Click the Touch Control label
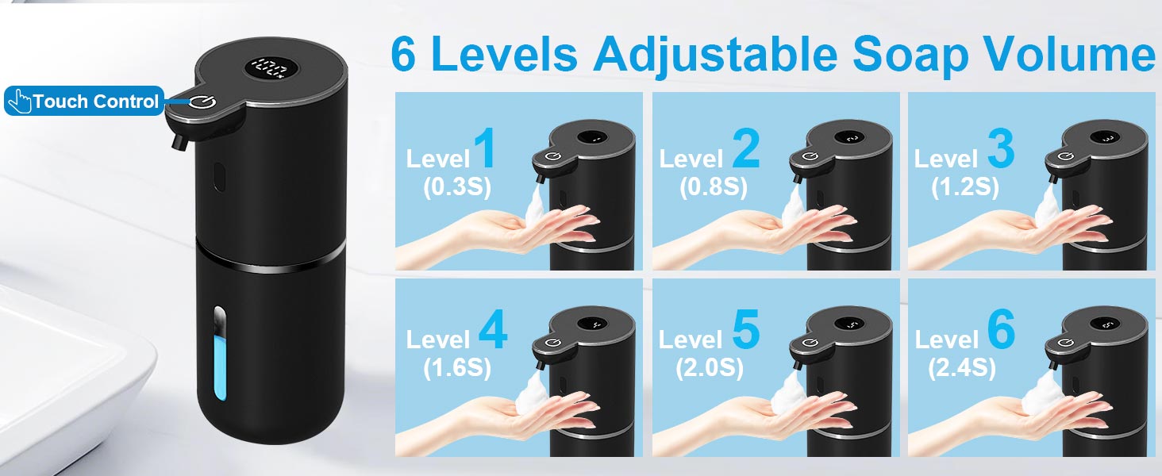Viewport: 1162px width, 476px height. (x=84, y=101)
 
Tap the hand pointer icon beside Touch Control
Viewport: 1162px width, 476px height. (x=21, y=101)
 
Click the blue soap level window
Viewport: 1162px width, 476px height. (x=220, y=355)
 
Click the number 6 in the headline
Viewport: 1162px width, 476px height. (x=403, y=53)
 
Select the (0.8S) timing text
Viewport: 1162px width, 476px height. (x=714, y=186)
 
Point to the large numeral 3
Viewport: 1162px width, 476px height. (x=1001, y=149)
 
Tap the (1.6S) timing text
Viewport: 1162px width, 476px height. (x=457, y=368)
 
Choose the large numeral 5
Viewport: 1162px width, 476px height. (x=746, y=328)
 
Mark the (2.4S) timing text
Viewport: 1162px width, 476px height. (x=962, y=368)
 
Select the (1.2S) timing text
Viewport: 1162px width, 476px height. (x=965, y=186)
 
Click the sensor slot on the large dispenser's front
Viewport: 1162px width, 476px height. (x=219, y=178)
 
